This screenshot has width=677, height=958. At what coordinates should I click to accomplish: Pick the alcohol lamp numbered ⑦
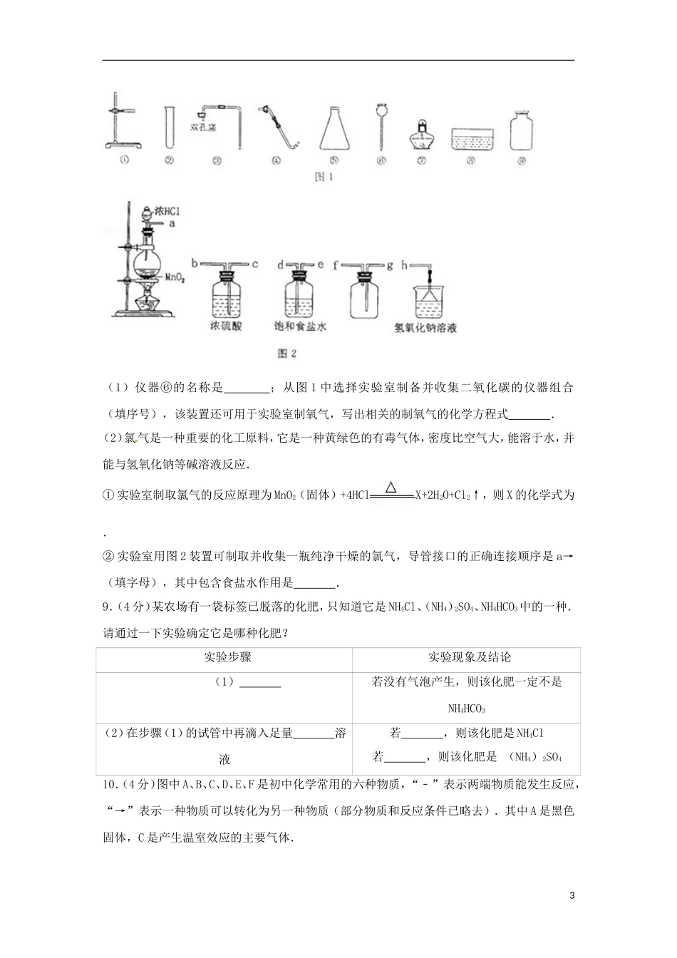click(421, 134)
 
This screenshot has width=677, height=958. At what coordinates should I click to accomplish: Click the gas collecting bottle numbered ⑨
click(522, 130)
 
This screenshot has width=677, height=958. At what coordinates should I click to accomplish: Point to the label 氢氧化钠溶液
click(426, 329)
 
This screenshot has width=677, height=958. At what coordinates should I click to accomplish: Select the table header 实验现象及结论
click(470, 657)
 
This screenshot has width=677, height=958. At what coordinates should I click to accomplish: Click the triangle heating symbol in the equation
click(390, 488)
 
